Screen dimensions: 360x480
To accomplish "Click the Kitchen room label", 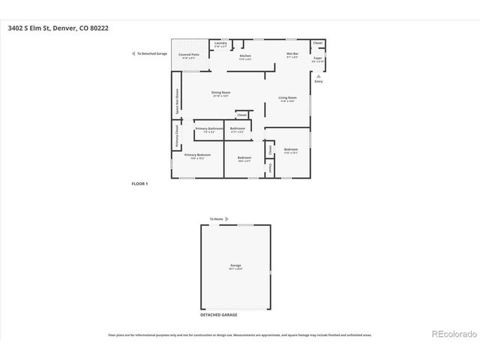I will [244, 56].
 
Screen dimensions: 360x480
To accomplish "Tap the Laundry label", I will [220, 43].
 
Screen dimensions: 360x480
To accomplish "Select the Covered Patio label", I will [188, 55].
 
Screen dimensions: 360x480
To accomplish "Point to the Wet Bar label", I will [292, 55].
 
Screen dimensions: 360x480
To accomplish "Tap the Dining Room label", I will [220, 92].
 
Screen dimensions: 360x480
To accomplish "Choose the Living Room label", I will [288, 98].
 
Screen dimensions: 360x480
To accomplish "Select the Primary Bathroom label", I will [209, 129].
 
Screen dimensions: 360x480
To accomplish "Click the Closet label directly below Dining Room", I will [241, 115].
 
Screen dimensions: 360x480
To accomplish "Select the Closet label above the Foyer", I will [318, 43].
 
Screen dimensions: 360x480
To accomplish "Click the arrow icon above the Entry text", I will [319, 75].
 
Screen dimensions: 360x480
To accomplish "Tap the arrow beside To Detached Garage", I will [133, 54].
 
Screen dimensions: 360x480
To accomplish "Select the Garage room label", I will [235, 265].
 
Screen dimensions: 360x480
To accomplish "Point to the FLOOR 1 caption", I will [139, 184].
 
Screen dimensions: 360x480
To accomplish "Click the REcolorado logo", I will [452, 334].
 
